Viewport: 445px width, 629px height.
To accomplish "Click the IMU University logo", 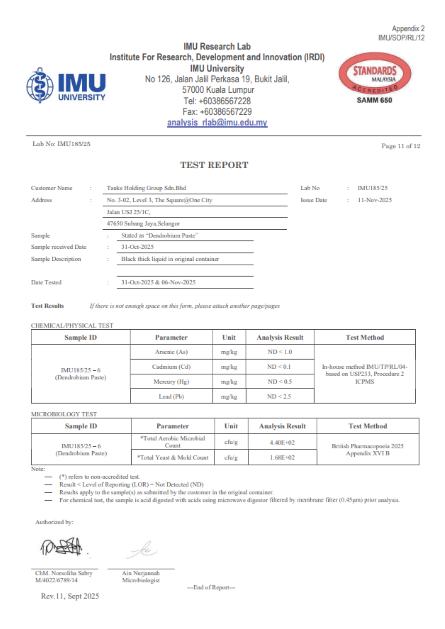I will pos(66,86).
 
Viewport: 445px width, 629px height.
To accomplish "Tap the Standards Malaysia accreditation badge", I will pos(375,74).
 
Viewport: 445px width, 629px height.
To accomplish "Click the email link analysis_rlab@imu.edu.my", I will pos(217,123).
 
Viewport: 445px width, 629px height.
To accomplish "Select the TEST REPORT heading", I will pos(214,165).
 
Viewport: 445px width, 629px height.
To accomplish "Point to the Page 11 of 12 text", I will pos(401,146).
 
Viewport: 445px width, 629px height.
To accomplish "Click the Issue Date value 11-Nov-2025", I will pos(375,200).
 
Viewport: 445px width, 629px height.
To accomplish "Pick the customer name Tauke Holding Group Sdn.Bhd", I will pos(146,188).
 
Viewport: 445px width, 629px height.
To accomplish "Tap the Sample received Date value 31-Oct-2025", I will pos(138,247).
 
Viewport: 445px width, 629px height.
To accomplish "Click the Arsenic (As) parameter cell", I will pos(171,352).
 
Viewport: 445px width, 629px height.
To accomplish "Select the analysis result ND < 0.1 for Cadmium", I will pos(279,367).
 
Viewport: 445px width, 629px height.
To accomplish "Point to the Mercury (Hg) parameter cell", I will pos(171,381).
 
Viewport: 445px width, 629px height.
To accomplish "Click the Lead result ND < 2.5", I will pos(279,397).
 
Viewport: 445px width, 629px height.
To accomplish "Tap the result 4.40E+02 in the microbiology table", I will pos(282,443).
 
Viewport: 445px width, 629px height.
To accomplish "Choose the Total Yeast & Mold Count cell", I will pos(173,458).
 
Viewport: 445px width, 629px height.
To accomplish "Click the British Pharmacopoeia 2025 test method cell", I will pos(368,450).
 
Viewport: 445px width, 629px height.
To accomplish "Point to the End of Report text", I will pos(211,587).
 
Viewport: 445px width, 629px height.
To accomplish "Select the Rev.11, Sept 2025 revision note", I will pos(70,596).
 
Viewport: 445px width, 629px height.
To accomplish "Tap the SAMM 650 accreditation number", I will pos(374,100).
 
